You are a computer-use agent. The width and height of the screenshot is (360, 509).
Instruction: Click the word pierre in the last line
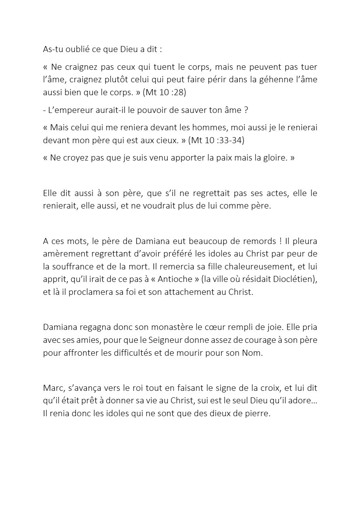pyautogui.click(x=257, y=414)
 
